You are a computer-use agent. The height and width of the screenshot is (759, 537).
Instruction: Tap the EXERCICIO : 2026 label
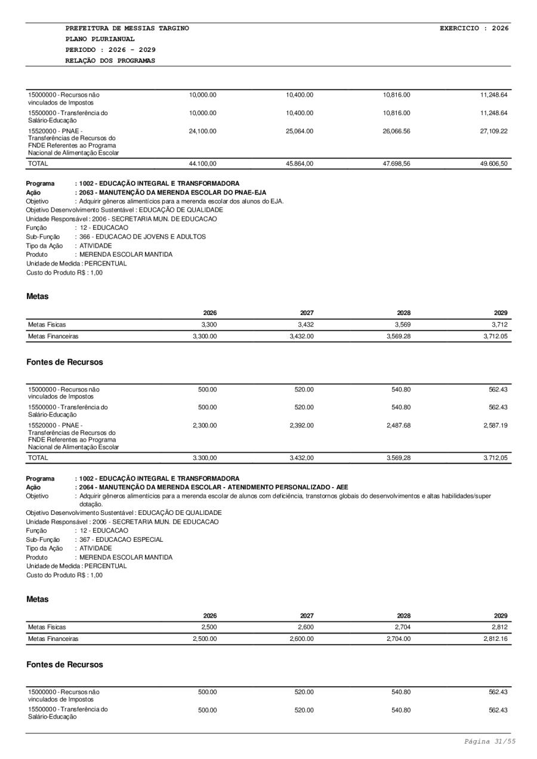474,28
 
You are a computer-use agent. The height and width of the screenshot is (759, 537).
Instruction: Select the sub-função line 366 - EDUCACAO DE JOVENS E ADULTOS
140,236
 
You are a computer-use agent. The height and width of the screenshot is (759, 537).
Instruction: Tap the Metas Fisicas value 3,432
304,324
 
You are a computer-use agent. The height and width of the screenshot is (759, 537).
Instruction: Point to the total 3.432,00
301,458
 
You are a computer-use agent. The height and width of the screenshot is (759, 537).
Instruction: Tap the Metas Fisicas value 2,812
498,627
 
